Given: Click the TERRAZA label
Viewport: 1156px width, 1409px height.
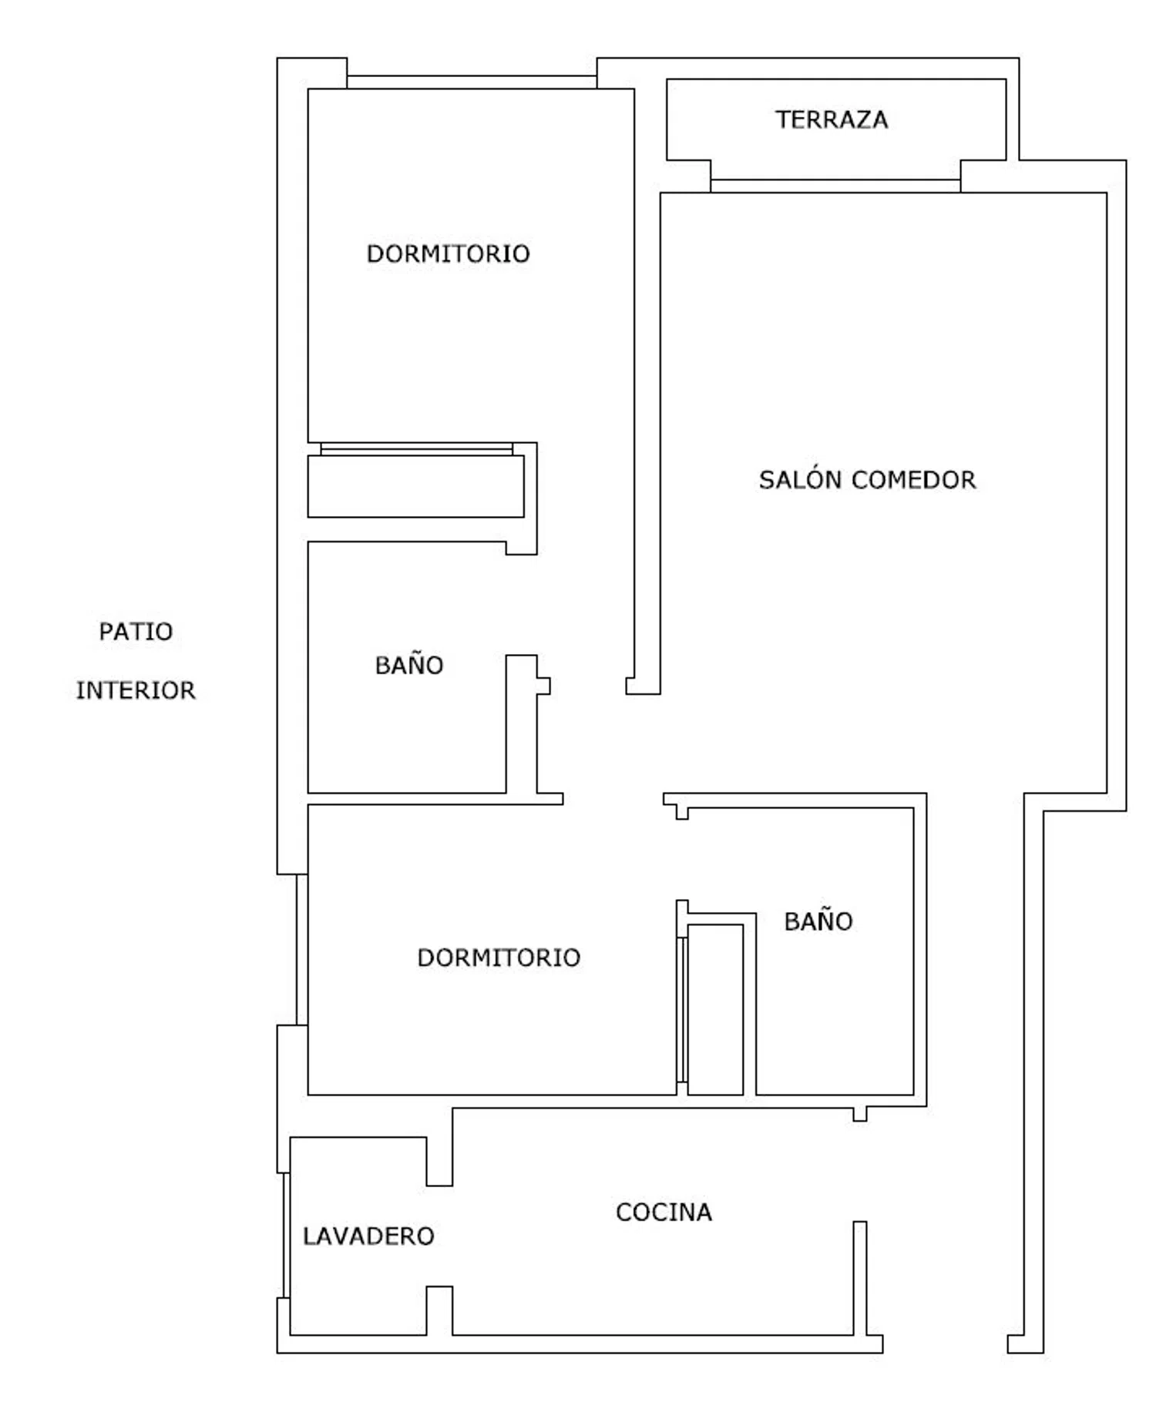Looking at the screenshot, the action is (832, 119).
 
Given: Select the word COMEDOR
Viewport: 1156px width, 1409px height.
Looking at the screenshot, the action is (915, 480).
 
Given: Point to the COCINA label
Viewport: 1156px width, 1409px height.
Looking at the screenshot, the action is (664, 1212).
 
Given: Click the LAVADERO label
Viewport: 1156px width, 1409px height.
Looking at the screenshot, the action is (368, 1236).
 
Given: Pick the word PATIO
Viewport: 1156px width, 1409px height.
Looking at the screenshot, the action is (136, 632).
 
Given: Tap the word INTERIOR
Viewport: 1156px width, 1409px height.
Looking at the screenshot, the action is (136, 690).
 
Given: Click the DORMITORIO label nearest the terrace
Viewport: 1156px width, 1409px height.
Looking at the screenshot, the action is (448, 253).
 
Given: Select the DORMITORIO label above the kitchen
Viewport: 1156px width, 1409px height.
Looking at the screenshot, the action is (499, 958).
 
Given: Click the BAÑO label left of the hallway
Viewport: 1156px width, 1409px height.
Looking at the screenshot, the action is (409, 665).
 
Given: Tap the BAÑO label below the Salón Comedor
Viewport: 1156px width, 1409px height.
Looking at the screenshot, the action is (818, 921).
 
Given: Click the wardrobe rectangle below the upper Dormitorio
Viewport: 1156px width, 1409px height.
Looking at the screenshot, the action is (416, 486).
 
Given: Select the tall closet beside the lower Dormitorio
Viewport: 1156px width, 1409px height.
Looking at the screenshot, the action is (715, 1009).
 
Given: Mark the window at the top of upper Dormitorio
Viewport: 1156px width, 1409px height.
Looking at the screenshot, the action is (472, 82).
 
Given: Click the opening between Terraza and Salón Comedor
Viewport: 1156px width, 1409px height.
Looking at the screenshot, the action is (835, 186).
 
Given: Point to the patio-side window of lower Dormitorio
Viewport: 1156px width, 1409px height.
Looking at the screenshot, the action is (302, 950).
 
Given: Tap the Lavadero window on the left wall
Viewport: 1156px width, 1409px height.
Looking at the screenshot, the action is (287, 1235).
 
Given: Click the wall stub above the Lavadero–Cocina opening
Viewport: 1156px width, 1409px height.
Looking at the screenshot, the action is (439, 1161).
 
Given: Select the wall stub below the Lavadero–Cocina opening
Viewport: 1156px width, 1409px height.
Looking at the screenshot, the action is (439, 1310).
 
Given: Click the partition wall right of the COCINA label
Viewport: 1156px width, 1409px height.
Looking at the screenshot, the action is (860, 1278).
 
